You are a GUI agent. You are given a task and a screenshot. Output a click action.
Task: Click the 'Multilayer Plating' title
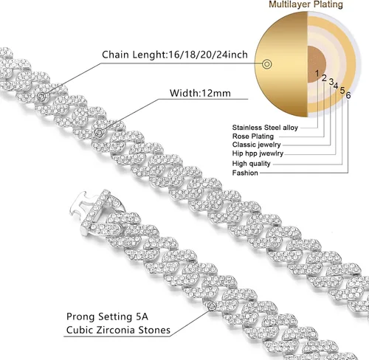306,4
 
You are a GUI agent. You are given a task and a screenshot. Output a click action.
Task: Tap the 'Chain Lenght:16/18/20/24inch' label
175,55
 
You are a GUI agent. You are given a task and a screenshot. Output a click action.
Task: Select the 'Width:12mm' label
200,93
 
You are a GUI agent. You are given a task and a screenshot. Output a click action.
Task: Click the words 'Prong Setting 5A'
107,316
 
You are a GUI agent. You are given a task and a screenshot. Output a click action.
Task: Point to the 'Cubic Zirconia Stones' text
118,330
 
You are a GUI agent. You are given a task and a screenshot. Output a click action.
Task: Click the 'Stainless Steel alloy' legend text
265,128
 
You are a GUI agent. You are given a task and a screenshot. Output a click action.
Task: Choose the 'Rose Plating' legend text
253,136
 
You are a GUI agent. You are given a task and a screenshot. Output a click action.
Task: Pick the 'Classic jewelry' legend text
256,145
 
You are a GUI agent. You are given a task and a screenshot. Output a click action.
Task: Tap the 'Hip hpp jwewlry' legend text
258,153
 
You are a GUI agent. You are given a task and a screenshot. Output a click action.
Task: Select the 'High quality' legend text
251,164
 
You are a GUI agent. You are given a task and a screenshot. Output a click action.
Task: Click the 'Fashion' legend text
245,173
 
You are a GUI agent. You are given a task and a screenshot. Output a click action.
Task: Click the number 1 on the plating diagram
317,73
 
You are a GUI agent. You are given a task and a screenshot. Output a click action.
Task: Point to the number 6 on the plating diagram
348,95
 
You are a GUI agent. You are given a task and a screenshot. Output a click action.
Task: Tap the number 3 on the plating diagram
331,81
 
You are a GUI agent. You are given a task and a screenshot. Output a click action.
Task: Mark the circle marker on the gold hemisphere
266,64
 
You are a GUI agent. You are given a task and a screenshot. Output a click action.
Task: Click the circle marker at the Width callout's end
99,132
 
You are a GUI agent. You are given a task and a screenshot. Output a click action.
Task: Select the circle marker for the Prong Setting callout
212,306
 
